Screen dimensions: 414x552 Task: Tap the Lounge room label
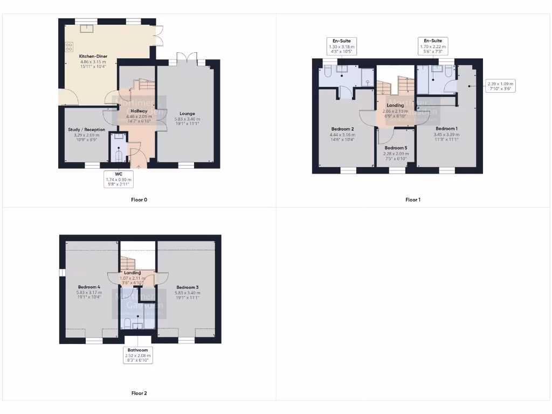(x=187, y=114)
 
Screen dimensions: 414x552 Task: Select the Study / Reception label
(x=86, y=129)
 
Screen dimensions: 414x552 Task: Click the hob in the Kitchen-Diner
(x=70, y=47)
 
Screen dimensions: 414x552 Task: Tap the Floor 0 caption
(x=139, y=200)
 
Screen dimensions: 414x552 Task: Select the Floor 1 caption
(x=413, y=200)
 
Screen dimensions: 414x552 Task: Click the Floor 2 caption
(x=139, y=394)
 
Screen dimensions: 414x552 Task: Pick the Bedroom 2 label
(x=342, y=129)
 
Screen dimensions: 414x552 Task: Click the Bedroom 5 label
(x=396, y=148)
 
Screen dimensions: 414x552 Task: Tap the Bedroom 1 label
(x=446, y=129)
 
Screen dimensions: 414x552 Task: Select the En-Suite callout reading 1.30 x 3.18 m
(x=341, y=47)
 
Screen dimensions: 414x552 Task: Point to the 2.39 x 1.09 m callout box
(x=500, y=86)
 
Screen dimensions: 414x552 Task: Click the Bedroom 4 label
(x=89, y=287)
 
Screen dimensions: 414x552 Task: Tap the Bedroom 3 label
(x=187, y=287)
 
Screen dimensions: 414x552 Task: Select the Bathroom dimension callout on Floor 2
(x=137, y=355)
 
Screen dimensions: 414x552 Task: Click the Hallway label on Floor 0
(x=139, y=111)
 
